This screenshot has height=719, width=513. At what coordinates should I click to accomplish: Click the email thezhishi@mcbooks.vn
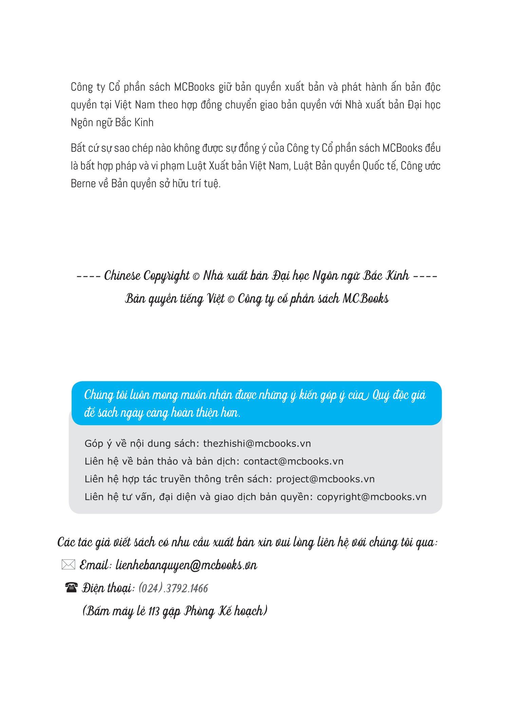click(x=257, y=443)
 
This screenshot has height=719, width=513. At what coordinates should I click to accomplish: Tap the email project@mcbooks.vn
click(x=325, y=479)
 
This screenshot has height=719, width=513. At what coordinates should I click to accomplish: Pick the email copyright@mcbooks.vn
click(x=372, y=497)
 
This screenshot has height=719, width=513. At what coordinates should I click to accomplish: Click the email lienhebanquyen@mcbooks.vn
click(x=186, y=565)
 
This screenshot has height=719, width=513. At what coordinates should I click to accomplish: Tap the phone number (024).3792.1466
click(x=173, y=588)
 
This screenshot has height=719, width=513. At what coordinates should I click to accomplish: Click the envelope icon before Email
click(x=68, y=565)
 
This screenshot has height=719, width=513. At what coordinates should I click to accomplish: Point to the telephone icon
click(x=71, y=587)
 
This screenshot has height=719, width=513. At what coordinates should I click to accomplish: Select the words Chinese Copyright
click(x=147, y=276)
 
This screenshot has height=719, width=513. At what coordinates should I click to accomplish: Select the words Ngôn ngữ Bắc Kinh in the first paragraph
click(x=112, y=122)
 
